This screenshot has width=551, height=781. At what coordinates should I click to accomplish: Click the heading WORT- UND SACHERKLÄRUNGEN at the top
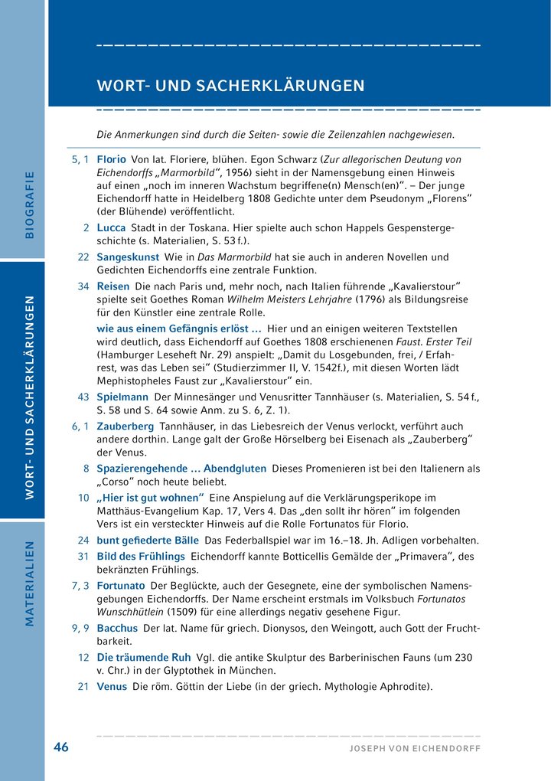230,85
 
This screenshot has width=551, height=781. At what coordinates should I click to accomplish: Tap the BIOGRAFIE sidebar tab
30,204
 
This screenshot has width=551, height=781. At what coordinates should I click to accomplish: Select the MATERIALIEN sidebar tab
30,584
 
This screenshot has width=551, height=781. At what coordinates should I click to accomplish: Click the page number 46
61,747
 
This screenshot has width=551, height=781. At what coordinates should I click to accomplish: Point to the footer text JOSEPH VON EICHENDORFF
415,748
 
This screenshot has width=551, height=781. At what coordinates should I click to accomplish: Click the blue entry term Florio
112,159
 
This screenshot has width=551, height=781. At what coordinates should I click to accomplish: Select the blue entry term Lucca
112,228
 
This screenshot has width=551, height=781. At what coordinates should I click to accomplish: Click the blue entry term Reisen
113,286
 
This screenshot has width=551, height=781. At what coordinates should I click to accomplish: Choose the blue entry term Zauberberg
126,426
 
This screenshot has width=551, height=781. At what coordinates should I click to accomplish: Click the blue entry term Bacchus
117,628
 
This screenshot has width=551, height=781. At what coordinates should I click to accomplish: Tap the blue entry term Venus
112,686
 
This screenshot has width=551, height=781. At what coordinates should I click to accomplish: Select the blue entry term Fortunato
121,585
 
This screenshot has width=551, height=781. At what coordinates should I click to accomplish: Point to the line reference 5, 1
80,159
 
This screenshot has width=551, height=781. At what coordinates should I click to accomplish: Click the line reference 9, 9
80,628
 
